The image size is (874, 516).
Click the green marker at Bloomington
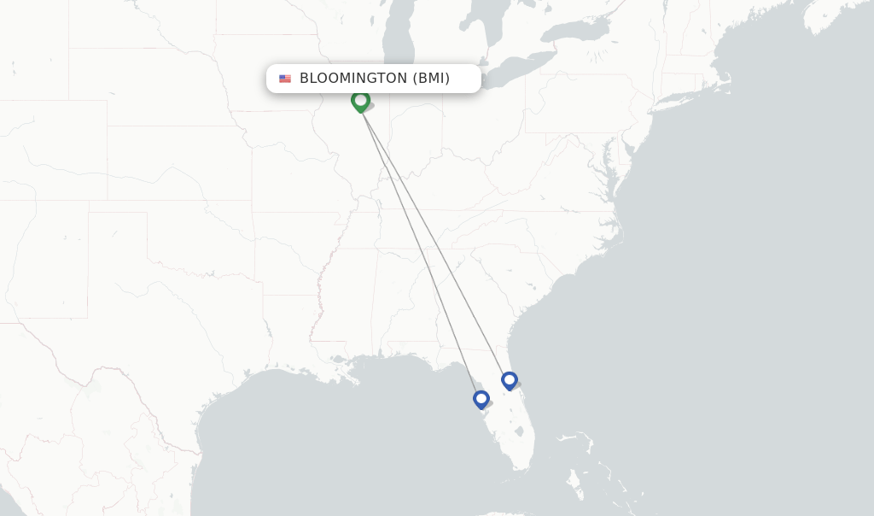(x=360, y=101)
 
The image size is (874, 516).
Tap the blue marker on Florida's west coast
(x=481, y=399)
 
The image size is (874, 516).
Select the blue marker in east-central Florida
(x=510, y=380)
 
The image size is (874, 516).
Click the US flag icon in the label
(x=285, y=79)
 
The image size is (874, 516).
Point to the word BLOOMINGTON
(x=353, y=79)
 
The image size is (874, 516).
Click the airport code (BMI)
(x=431, y=79)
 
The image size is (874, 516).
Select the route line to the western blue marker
(x=422, y=256)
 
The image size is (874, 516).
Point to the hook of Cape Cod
(x=730, y=83)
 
